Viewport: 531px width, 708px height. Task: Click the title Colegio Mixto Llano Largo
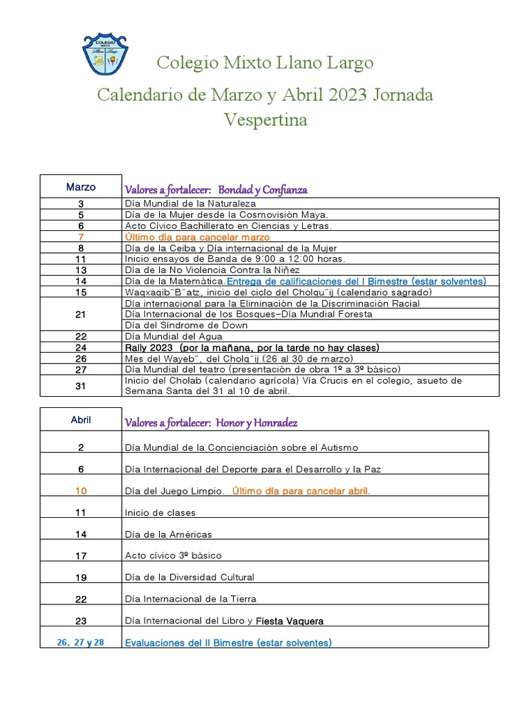coord(265,63)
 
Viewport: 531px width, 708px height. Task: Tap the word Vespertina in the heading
coord(265,120)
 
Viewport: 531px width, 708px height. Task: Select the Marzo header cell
coord(81,187)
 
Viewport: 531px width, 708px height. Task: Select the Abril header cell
coord(81,420)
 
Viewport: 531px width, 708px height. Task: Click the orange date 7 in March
coord(81,236)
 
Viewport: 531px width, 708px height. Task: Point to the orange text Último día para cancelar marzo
coord(197,236)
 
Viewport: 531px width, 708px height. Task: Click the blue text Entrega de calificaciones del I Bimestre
coord(356,281)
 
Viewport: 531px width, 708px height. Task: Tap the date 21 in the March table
coord(81,314)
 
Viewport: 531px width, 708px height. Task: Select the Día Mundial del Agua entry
coord(171,336)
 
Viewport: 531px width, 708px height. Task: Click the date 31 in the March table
coord(81,386)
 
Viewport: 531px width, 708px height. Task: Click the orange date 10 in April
coord(81,491)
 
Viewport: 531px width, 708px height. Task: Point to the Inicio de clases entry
coord(160,512)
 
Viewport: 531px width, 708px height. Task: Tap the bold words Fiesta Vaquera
coord(290,621)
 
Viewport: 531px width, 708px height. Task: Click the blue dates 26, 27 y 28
coord(81,642)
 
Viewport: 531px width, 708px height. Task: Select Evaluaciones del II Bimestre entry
coord(228,642)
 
